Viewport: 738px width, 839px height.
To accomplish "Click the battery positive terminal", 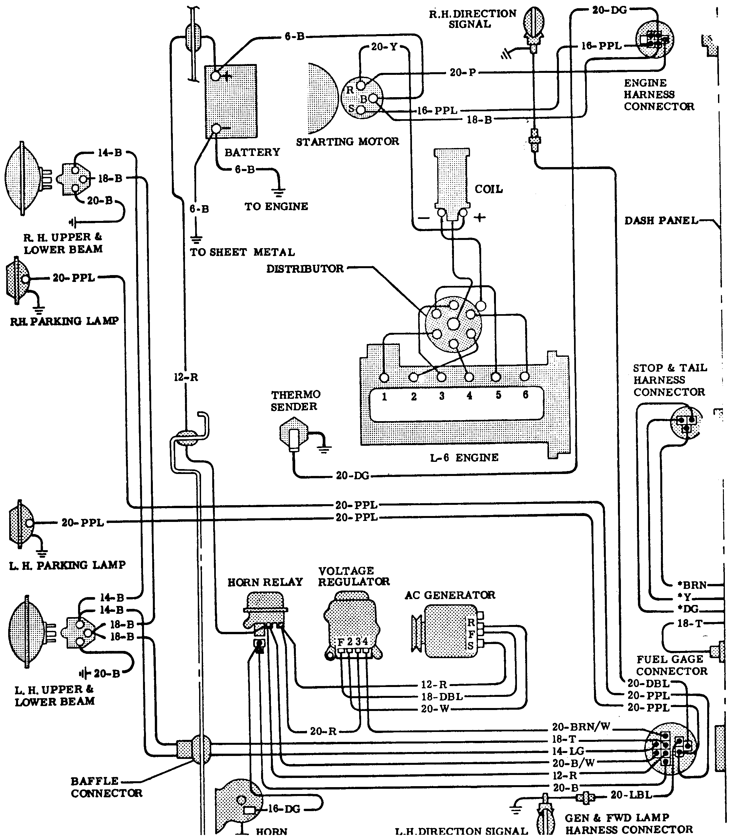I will pyautogui.click(x=215, y=76).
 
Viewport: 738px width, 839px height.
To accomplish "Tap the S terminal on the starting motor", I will pyautogui.click(x=360, y=110).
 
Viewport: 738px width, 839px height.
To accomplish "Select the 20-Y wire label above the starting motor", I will pyautogui.click(x=384, y=47).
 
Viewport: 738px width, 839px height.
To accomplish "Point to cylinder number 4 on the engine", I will pyautogui.click(x=469, y=396).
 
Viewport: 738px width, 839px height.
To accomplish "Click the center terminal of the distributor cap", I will pyautogui.click(x=453, y=324).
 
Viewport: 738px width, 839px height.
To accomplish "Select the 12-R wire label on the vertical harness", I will pyautogui.click(x=186, y=377).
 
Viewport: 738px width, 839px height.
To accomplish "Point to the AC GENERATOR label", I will pyautogui.click(x=450, y=595).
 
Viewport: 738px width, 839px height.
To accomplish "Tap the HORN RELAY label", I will pyautogui.click(x=265, y=582).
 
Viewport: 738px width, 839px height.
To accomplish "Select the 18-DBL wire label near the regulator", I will pyautogui.click(x=442, y=697).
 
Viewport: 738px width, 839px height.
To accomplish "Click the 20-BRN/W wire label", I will pyautogui.click(x=581, y=727).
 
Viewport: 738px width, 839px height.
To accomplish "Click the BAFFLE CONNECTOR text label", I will pyautogui.click(x=106, y=787).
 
